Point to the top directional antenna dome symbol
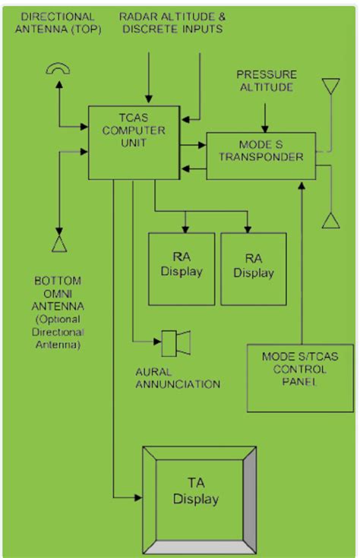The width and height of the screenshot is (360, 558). pyautogui.click(x=58, y=70)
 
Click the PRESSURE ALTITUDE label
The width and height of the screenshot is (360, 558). pyautogui.click(x=266, y=81)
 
